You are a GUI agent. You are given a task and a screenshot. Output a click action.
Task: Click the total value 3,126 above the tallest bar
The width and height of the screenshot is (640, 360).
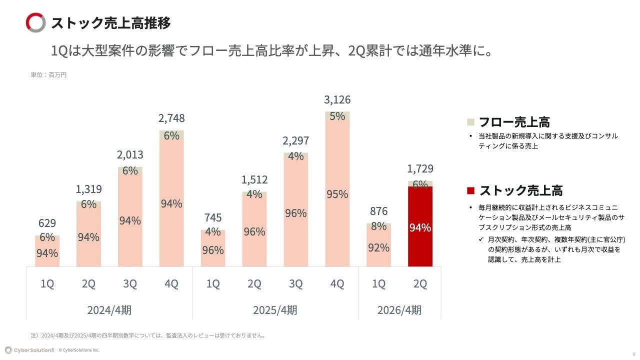point(337,99)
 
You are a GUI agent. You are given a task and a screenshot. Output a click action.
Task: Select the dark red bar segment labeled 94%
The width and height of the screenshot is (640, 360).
point(420,227)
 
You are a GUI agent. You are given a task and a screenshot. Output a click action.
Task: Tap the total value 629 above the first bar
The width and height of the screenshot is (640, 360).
point(47,223)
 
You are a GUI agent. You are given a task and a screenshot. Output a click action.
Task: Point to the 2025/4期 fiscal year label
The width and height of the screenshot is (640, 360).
point(275,310)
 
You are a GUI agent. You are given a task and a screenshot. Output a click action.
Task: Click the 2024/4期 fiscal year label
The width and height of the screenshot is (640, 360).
point(109,310)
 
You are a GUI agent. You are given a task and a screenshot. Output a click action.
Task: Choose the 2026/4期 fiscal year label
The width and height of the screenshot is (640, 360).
point(399,310)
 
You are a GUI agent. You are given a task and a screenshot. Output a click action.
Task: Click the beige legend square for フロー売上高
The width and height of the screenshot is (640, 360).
point(470,122)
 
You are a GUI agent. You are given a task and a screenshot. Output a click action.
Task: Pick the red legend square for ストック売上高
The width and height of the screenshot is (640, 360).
point(470,190)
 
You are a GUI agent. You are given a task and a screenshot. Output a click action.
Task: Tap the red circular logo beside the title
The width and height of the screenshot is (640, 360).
point(36,23)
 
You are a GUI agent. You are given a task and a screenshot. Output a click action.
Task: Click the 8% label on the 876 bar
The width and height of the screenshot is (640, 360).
point(378,226)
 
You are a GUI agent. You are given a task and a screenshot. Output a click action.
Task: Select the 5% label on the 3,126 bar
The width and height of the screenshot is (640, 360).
point(337,116)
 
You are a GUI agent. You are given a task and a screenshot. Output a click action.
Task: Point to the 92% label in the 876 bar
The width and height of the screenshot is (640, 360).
point(378,247)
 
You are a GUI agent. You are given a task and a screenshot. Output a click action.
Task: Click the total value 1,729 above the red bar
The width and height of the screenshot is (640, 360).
point(420,168)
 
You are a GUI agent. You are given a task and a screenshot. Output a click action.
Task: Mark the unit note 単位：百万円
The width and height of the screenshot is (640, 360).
point(48,75)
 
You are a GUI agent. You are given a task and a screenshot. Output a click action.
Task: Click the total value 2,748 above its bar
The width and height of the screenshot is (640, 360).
point(171,118)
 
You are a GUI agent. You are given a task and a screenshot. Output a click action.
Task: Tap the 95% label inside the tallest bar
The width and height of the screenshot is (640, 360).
point(337,194)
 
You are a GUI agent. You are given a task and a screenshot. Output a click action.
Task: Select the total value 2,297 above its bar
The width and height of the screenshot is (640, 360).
point(296,141)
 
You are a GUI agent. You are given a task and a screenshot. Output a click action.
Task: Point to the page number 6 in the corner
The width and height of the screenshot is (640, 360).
point(634,353)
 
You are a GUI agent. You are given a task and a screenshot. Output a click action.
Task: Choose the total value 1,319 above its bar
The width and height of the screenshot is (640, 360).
point(88,189)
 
